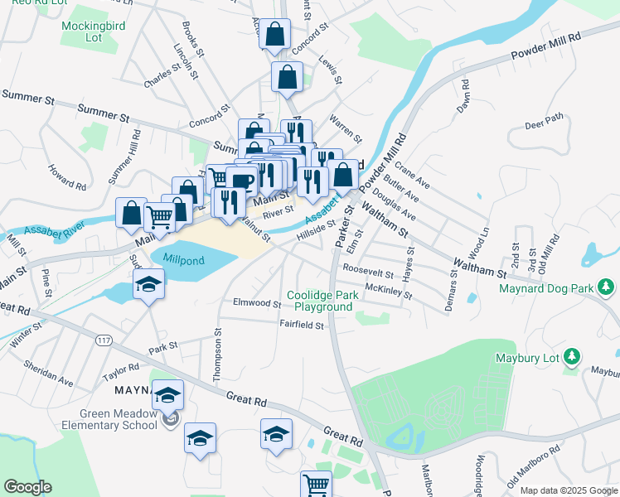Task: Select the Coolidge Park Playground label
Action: [320, 301]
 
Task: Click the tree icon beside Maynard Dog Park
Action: [608, 287]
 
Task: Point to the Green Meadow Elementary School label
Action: [119, 419]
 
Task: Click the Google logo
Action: [27, 487]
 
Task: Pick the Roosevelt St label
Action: [368, 269]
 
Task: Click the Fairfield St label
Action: [300, 325]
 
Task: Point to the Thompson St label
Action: [217, 355]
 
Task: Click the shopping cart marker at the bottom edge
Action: [316, 484]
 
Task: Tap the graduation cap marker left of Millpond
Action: [148, 286]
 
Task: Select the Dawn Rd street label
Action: [465, 96]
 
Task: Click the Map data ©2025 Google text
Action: [568, 490]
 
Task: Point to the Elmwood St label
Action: [258, 302]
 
